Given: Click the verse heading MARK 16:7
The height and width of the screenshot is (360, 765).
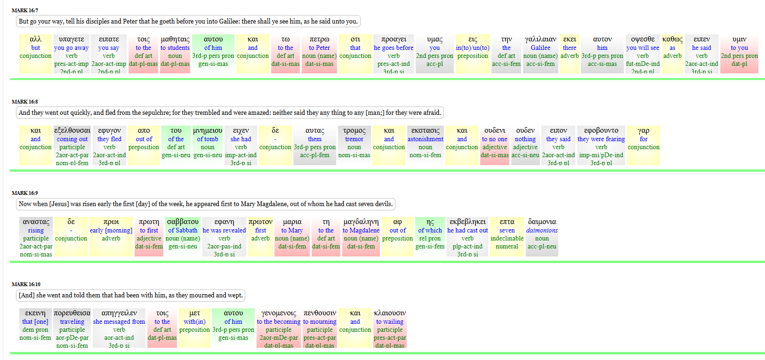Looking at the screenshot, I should tap(25, 10).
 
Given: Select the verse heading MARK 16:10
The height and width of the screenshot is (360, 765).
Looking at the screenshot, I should tap(26, 284).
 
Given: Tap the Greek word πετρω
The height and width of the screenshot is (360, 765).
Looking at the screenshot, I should tap(319, 39).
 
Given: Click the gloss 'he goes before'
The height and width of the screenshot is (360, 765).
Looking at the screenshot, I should tap(394, 48).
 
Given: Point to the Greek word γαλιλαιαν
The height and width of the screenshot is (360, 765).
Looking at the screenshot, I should tap(540, 39).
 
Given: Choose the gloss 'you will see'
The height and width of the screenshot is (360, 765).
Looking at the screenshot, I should tap(643, 48).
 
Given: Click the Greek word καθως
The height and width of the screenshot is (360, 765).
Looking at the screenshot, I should tap(672, 39).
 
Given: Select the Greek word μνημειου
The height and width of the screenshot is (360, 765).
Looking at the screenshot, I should tap(208, 130).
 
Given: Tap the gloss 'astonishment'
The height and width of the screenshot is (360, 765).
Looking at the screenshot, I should tap(426, 139).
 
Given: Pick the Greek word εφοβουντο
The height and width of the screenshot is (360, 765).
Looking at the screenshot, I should tap(601, 130).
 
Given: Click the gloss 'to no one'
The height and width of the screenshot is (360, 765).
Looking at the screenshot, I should tap(494, 139).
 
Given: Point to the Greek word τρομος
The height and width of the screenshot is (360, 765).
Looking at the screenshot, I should tap(354, 130).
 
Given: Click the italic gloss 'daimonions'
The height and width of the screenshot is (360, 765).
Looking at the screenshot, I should tap(542, 230).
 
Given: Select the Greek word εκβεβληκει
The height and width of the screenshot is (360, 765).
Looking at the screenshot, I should tap(467, 222).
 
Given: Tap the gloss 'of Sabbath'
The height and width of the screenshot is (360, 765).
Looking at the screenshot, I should tap(183, 230).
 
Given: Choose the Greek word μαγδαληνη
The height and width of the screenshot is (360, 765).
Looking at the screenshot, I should tap(361, 222).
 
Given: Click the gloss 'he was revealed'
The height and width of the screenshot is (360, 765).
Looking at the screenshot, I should tap(224, 230).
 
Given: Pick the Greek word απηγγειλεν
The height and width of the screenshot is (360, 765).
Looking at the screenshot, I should tap(119, 313).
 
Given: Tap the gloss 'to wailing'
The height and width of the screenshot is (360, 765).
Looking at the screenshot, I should tap(390, 321).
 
